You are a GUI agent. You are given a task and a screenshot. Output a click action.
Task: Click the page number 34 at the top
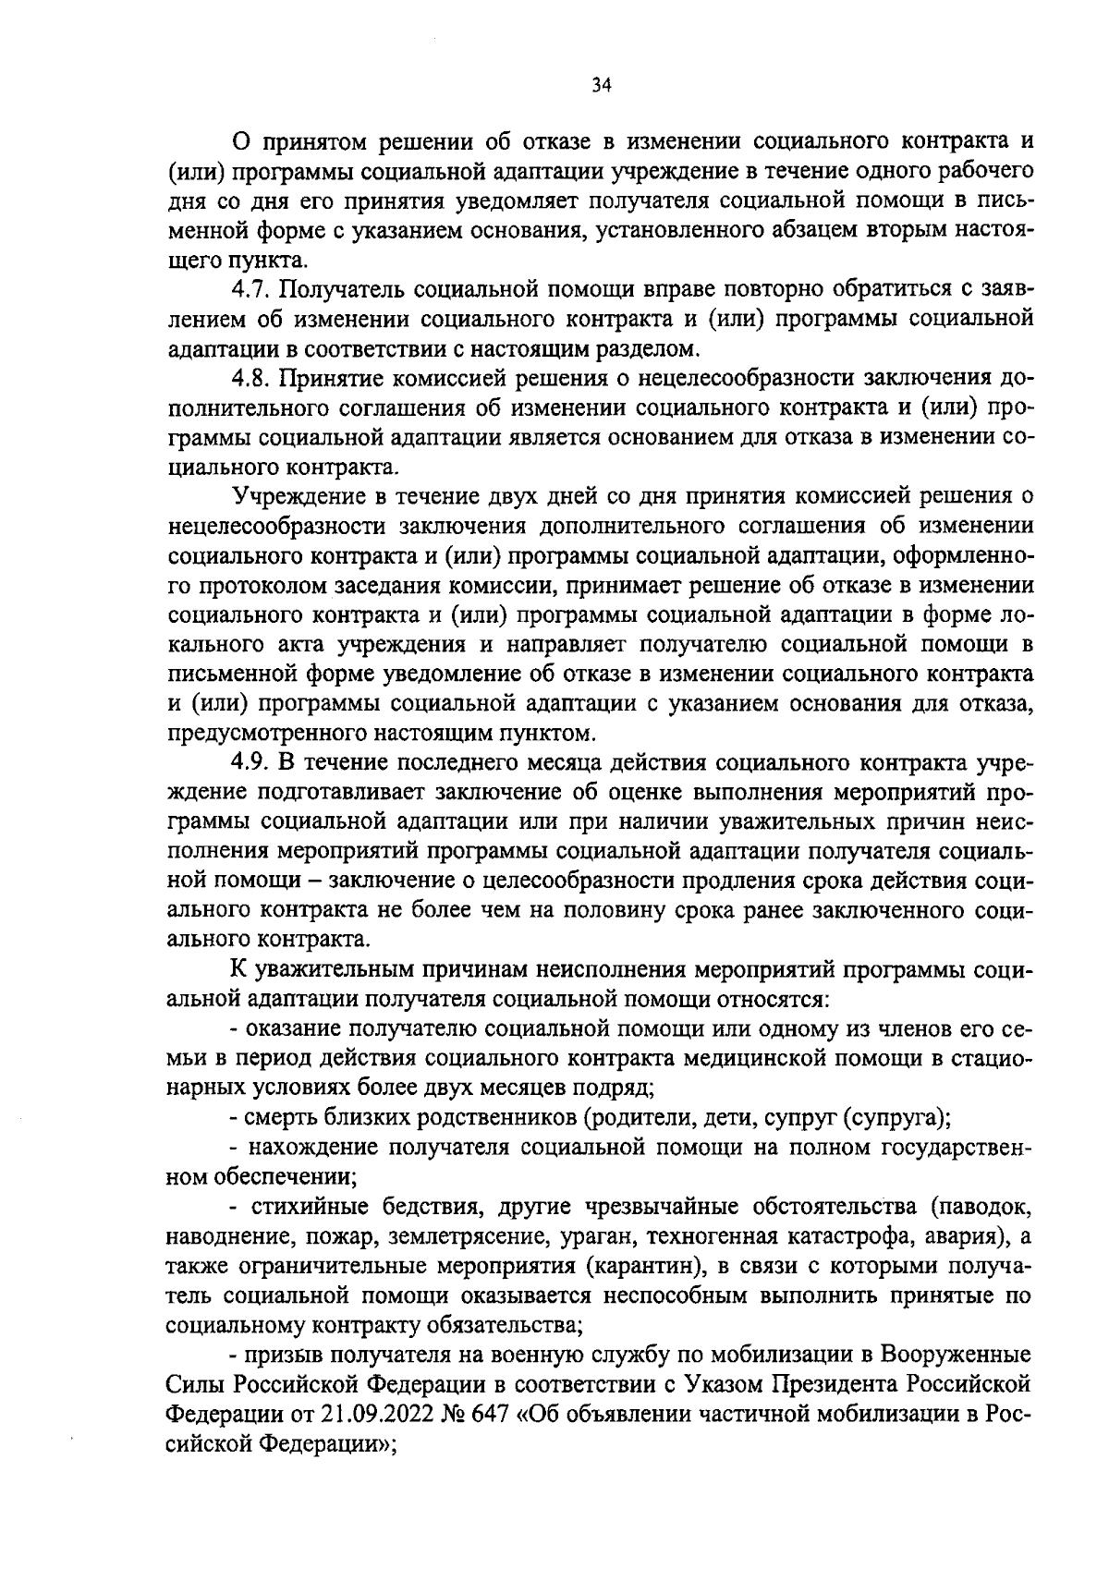pyautogui.click(x=601, y=86)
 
